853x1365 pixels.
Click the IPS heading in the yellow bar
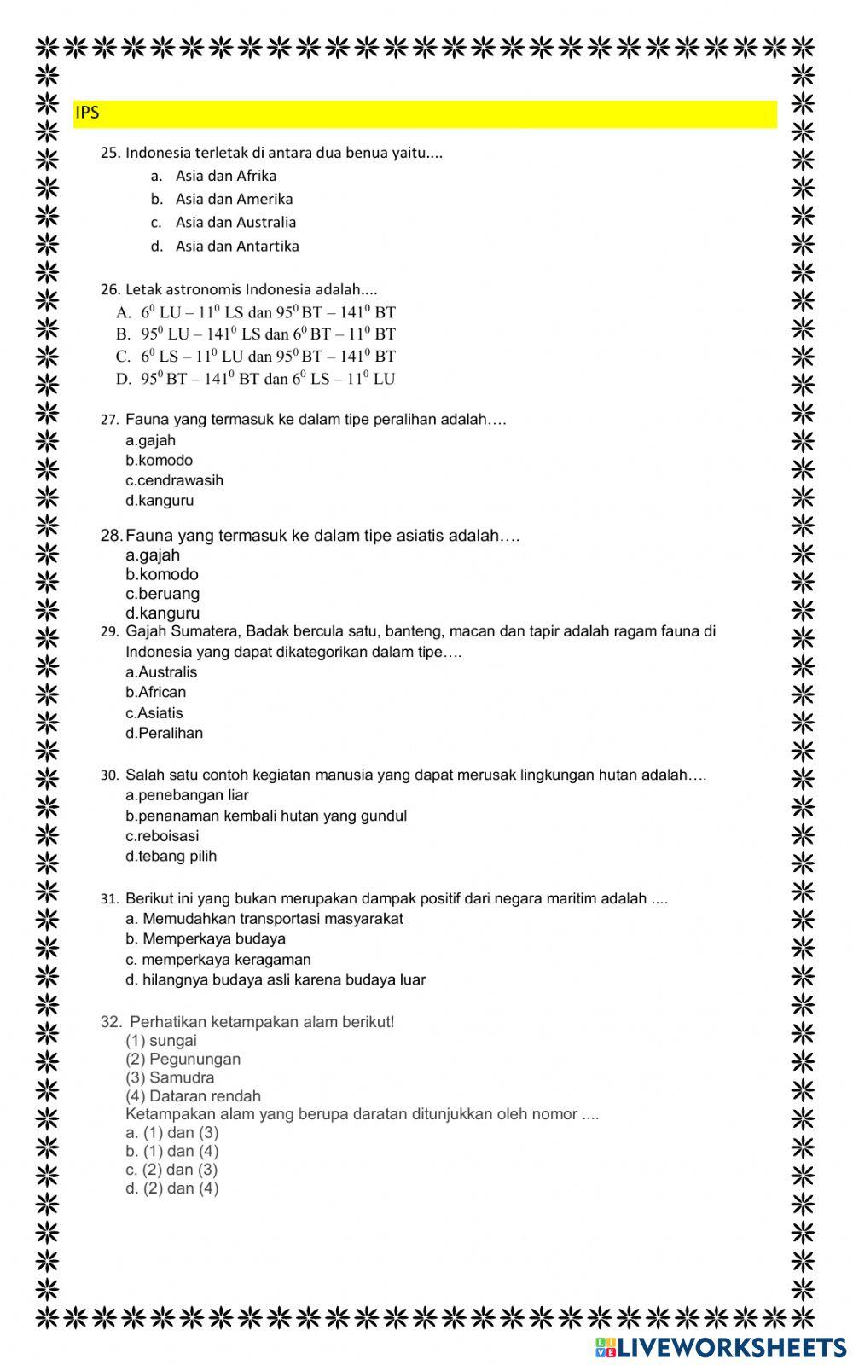coord(88,113)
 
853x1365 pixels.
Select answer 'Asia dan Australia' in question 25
coord(235,222)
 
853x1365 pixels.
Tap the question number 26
coord(111,289)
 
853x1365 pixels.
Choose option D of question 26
coord(256,379)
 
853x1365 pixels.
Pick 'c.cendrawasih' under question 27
coord(174,480)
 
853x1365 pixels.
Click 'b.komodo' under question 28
coord(162,574)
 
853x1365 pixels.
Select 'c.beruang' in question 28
coord(162,594)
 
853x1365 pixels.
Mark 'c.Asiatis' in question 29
coord(154,713)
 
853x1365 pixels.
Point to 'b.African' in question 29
coord(155,693)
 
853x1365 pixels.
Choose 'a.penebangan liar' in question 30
coord(187,795)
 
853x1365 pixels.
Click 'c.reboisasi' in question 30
coord(162,836)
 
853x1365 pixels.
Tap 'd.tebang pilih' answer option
coord(171,856)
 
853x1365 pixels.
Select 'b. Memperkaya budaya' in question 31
coord(205,939)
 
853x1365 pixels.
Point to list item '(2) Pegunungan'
coord(183,1059)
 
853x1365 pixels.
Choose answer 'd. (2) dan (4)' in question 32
coord(171,1188)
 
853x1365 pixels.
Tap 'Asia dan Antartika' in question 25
coord(237,246)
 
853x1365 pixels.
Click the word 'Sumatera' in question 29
coord(206,632)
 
